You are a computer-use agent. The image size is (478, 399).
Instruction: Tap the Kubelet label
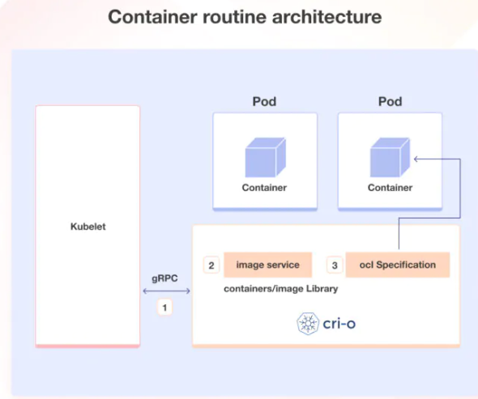[x=87, y=227]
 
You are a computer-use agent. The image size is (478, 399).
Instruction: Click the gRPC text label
[x=164, y=278]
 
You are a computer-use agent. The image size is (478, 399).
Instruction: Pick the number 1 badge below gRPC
[x=165, y=308]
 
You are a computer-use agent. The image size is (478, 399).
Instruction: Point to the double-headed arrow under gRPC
[x=165, y=291]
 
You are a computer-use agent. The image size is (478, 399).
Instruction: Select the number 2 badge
[x=211, y=265]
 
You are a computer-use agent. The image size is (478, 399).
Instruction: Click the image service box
[x=267, y=265]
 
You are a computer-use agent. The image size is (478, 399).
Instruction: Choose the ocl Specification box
[x=398, y=265]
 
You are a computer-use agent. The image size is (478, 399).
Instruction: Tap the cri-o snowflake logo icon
[x=308, y=325]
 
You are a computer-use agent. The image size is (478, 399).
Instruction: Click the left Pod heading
[x=266, y=103]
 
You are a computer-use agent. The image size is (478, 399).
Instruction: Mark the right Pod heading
[x=391, y=103]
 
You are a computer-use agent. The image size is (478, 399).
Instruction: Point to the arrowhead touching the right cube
[x=416, y=159]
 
